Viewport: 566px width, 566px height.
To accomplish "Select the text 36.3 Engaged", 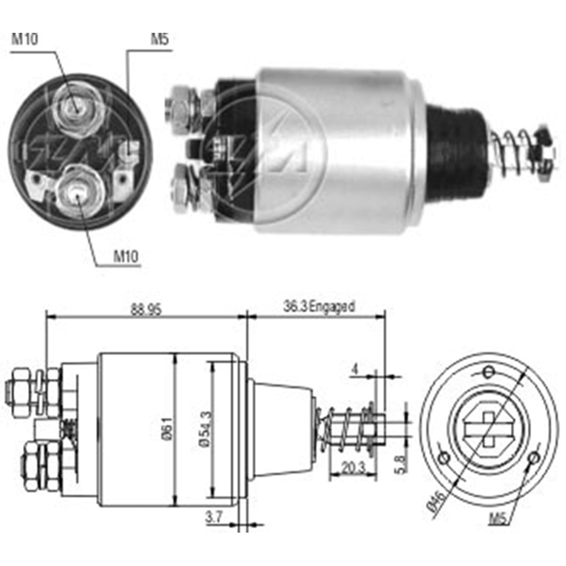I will click(319, 307).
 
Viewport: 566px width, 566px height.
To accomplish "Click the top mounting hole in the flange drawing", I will click(489, 371).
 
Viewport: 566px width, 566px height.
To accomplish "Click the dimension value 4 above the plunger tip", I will click(355, 369).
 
